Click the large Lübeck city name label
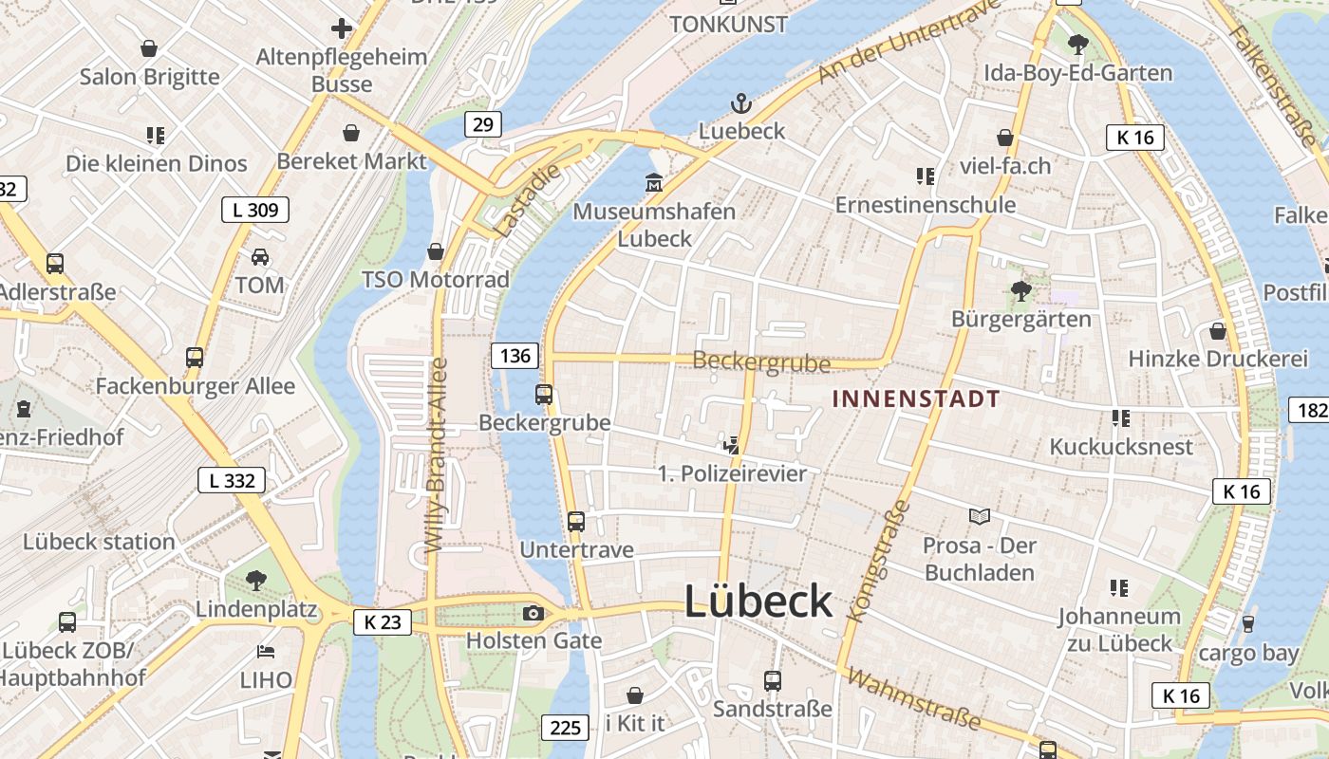[758, 602]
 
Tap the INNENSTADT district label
[916, 398]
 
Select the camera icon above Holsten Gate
[533, 614]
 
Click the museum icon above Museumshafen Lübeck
[654, 182]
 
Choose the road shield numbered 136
[515, 356]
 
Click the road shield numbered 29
[483, 123]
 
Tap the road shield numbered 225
[565, 728]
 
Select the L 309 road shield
[255, 210]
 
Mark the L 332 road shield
[232, 480]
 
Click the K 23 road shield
[383, 622]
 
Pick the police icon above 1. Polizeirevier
[731, 444]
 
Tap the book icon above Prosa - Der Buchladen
[980, 516]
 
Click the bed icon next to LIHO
[266, 652]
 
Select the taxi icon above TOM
[259, 256]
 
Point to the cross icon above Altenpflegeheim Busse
[342, 28]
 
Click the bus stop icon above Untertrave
[576, 521]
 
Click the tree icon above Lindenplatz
[255, 579]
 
